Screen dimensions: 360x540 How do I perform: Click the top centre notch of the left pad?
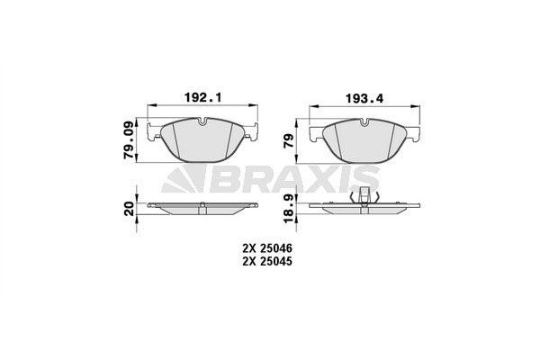click(205, 122)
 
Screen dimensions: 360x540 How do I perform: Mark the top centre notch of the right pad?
click(366, 122)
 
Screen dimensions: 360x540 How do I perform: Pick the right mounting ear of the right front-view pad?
click(417, 136)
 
